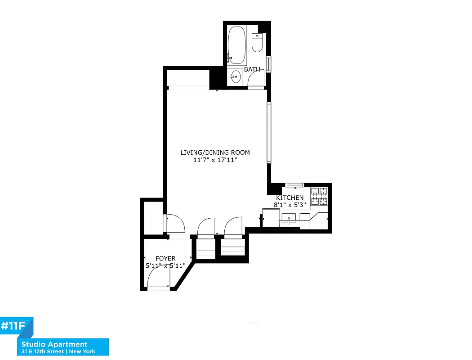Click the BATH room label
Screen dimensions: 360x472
252,69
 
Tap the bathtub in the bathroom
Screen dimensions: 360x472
236,46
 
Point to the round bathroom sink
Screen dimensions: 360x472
235,77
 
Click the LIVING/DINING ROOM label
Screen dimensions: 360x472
215,153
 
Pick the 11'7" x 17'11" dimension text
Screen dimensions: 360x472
215,160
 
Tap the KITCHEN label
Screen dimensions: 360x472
289,198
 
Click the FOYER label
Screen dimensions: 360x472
165,258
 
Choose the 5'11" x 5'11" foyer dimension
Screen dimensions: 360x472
166,265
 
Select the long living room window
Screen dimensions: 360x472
269,132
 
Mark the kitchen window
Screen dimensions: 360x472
295,184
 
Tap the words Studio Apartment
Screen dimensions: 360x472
54,345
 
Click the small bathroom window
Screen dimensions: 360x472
269,63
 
